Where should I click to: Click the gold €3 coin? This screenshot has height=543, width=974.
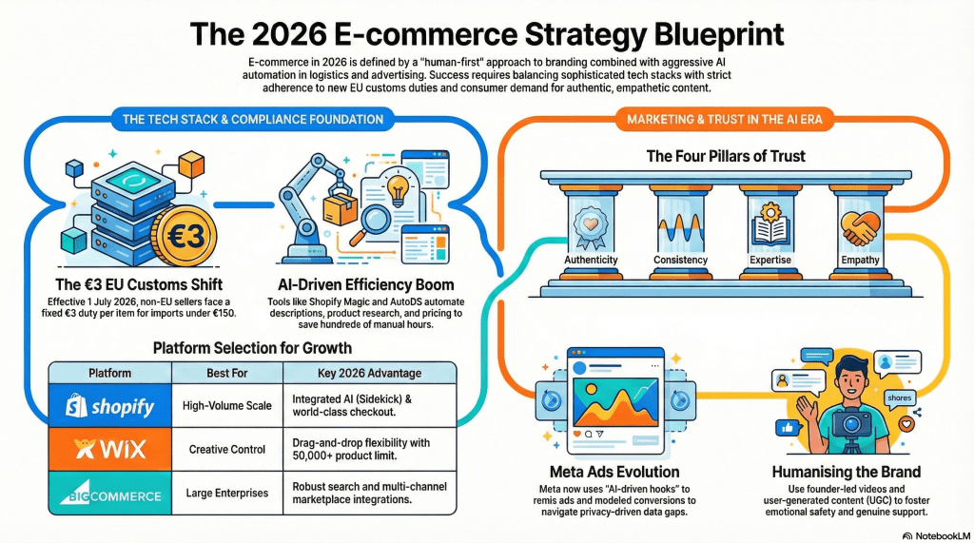(x=185, y=236)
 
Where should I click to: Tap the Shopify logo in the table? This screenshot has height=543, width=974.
(x=110, y=406)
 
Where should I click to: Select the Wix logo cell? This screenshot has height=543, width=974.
(x=110, y=449)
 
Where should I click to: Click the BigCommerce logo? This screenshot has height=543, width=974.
(x=110, y=493)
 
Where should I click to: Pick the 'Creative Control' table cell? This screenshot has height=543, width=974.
(x=226, y=449)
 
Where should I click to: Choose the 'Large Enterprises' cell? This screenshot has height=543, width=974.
(x=226, y=493)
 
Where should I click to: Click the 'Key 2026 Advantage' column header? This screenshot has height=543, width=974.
(x=370, y=373)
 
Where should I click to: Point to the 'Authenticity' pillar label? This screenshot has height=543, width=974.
(x=591, y=260)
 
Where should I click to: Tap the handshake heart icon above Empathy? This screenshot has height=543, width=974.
(x=860, y=228)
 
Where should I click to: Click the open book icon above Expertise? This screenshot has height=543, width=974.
(x=770, y=226)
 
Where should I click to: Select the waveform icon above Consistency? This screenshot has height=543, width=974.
(x=680, y=231)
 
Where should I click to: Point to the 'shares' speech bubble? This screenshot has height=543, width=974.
(x=900, y=398)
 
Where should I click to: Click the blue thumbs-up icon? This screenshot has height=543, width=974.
(x=787, y=427)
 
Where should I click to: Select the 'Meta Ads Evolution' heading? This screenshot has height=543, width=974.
(x=614, y=472)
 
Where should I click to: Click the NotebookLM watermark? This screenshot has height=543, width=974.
(x=936, y=535)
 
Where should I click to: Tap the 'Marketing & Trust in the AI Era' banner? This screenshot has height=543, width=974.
(x=724, y=119)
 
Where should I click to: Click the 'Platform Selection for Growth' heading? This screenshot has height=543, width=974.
(x=252, y=348)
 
